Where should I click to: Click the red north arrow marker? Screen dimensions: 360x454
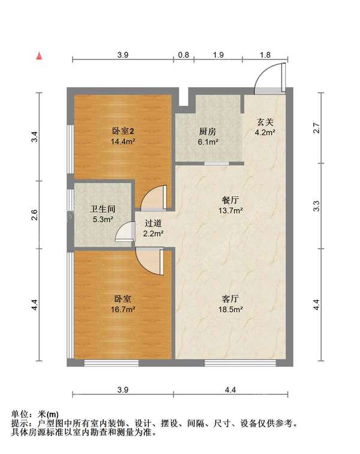[39, 56]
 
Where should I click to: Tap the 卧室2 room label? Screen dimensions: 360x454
[123, 132]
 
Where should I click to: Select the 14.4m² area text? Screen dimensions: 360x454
[123, 141]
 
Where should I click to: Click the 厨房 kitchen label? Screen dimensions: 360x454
[208, 132]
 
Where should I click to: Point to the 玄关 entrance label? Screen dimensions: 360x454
[265, 123]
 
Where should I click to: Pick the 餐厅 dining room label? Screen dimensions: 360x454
[230, 200]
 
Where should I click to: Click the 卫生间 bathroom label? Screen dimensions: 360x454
[103, 209]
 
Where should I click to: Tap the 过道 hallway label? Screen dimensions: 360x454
[153, 223]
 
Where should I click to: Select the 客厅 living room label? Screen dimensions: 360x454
[230, 298]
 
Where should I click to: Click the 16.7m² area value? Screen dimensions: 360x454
[123, 309]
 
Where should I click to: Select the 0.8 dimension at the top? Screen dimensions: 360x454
[184, 55]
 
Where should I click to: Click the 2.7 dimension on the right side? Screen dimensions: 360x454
[317, 128]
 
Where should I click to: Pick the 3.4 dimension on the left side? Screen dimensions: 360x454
[34, 137]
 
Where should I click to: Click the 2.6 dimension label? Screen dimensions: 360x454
[34, 214]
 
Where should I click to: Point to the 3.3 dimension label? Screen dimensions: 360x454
[317, 206]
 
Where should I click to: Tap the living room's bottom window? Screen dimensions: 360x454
[240, 363]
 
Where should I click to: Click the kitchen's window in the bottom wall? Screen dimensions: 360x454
[217, 163]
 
